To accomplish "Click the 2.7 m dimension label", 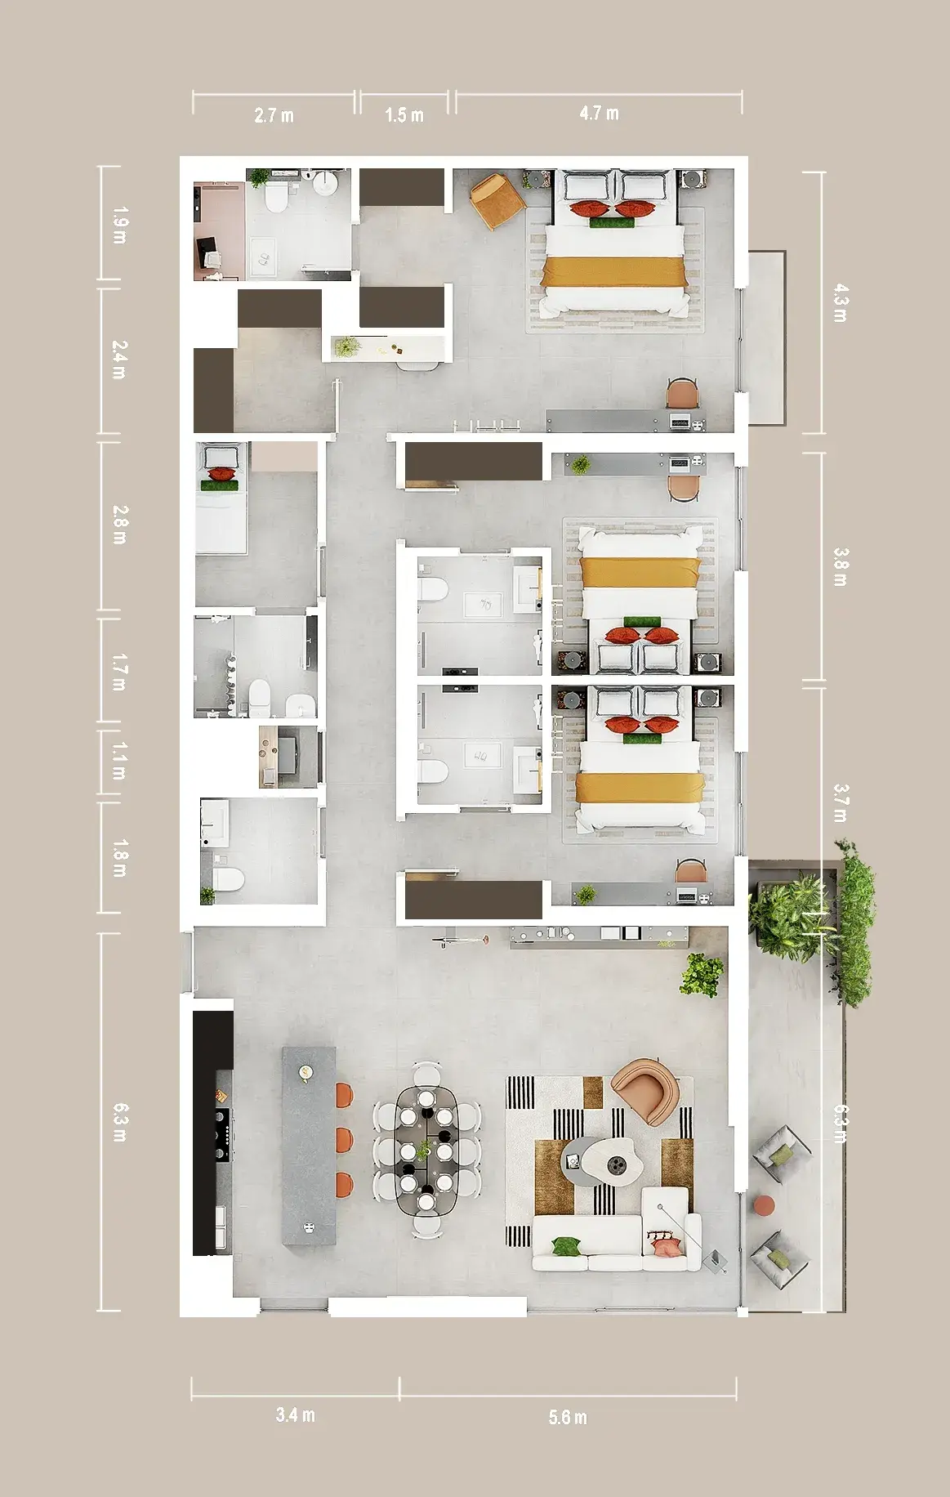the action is tap(274, 115).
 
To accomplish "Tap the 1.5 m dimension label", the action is tap(404, 115).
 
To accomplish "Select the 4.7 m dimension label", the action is tap(599, 113).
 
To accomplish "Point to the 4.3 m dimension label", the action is tap(840, 303).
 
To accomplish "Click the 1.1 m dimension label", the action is tap(119, 761).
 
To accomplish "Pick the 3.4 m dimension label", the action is tap(295, 1415).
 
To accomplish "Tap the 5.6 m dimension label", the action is tap(568, 1418).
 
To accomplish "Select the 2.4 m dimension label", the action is tap(119, 360).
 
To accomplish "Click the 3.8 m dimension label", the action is tap(840, 566).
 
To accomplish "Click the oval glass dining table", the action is tap(426, 1151).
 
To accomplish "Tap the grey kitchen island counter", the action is tap(309, 1146).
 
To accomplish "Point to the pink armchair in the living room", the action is tap(644, 1090).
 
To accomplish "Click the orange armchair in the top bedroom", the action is tap(497, 201).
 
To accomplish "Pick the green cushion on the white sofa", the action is tap(565, 1247).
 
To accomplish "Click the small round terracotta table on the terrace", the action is tap(764, 1205).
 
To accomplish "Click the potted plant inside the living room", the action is tap(702, 975).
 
